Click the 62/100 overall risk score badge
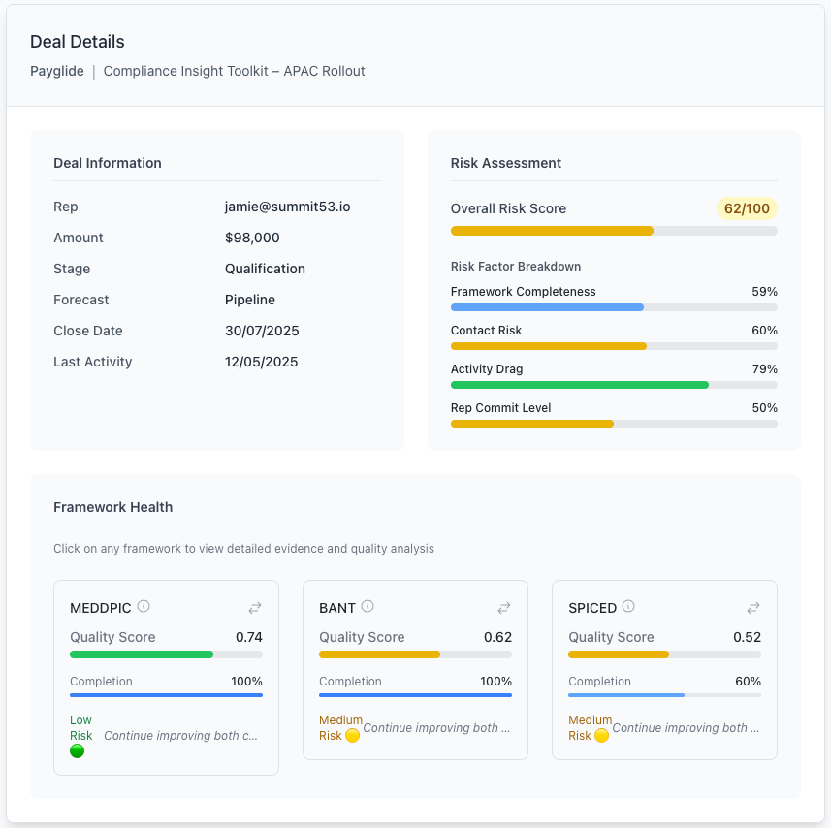[x=747, y=208]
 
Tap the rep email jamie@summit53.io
[x=288, y=207]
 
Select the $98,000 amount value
[x=252, y=238]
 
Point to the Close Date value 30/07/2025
[x=262, y=331]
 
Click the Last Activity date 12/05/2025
[x=262, y=362]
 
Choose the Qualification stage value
[x=265, y=269]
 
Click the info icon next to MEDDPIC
[x=144, y=607]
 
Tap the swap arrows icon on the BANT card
[x=504, y=608]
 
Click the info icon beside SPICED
[x=628, y=607]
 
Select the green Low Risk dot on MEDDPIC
[x=78, y=750]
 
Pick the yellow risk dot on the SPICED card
[x=601, y=736]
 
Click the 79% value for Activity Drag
[x=764, y=369]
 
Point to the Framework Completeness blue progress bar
[x=547, y=307]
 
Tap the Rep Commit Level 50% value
[x=764, y=408]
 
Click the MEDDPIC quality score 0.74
[x=249, y=637]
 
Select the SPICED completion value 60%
[x=748, y=682]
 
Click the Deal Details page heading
[x=78, y=42]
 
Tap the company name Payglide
[x=57, y=71]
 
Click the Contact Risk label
[x=486, y=331]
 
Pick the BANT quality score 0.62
[x=497, y=637]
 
